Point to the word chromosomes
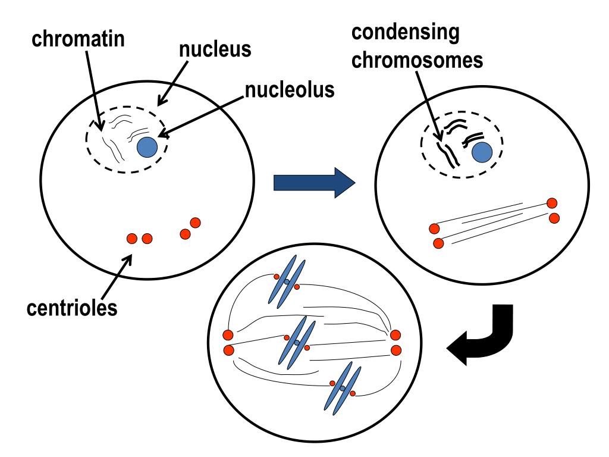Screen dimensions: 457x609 tap(416, 61)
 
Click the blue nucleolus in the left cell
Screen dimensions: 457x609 tap(147, 146)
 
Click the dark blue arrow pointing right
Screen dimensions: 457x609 tap(313, 182)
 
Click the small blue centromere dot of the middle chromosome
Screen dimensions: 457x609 tap(297, 343)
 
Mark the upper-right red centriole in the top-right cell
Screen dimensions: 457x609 tap(552, 204)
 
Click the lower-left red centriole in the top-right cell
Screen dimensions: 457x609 tap(439, 243)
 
